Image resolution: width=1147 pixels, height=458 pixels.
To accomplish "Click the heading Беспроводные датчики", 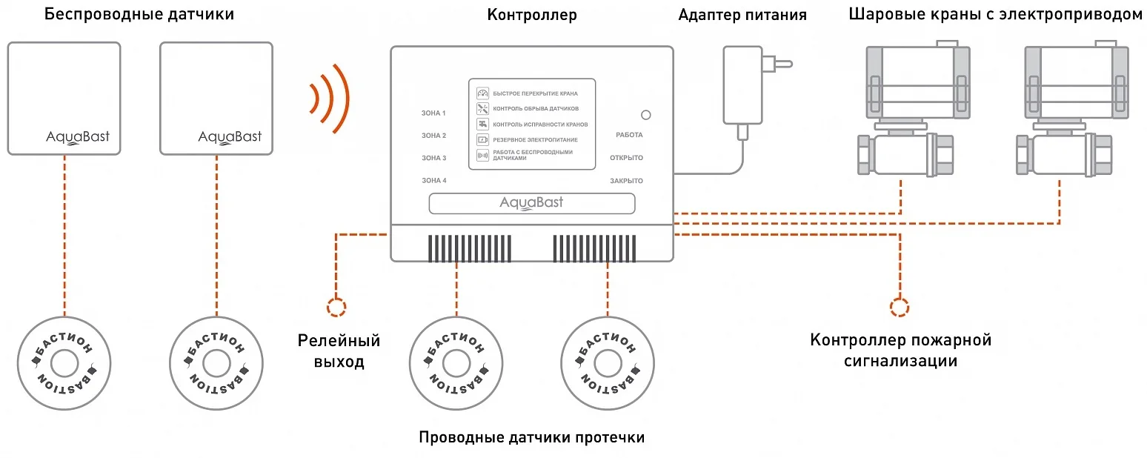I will click(x=139, y=14).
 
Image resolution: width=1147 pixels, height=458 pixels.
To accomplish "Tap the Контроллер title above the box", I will click(x=531, y=15).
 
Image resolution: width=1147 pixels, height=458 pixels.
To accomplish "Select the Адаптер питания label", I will click(x=742, y=15).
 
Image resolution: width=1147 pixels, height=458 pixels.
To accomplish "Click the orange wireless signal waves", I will click(x=329, y=97).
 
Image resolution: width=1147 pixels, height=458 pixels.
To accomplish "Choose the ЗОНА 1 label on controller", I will click(x=434, y=113).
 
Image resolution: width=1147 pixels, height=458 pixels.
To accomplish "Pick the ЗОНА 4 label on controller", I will click(x=434, y=180).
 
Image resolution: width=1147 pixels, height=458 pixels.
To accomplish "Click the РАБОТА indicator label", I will click(x=629, y=135).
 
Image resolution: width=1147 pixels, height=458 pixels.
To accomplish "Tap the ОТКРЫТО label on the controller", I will click(x=627, y=158).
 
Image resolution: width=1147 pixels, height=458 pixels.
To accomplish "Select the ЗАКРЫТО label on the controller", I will click(x=627, y=181).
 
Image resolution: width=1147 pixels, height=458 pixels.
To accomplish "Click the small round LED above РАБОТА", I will click(x=645, y=115).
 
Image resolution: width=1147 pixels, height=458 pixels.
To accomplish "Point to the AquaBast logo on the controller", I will click(x=531, y=203).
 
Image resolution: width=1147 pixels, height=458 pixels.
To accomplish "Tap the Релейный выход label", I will click(x=339, y=351).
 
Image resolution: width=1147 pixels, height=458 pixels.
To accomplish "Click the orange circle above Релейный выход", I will click(x=336, y=307).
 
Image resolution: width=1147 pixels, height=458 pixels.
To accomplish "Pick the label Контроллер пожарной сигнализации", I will click(x=900, y=351).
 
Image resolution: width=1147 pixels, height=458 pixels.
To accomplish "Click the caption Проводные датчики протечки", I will click(x=531, y=437).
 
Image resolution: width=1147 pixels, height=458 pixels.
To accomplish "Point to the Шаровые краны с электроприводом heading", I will click(x=996, y=15).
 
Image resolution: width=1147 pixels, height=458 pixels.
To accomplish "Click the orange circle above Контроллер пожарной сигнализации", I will click(x=900, y=307).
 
